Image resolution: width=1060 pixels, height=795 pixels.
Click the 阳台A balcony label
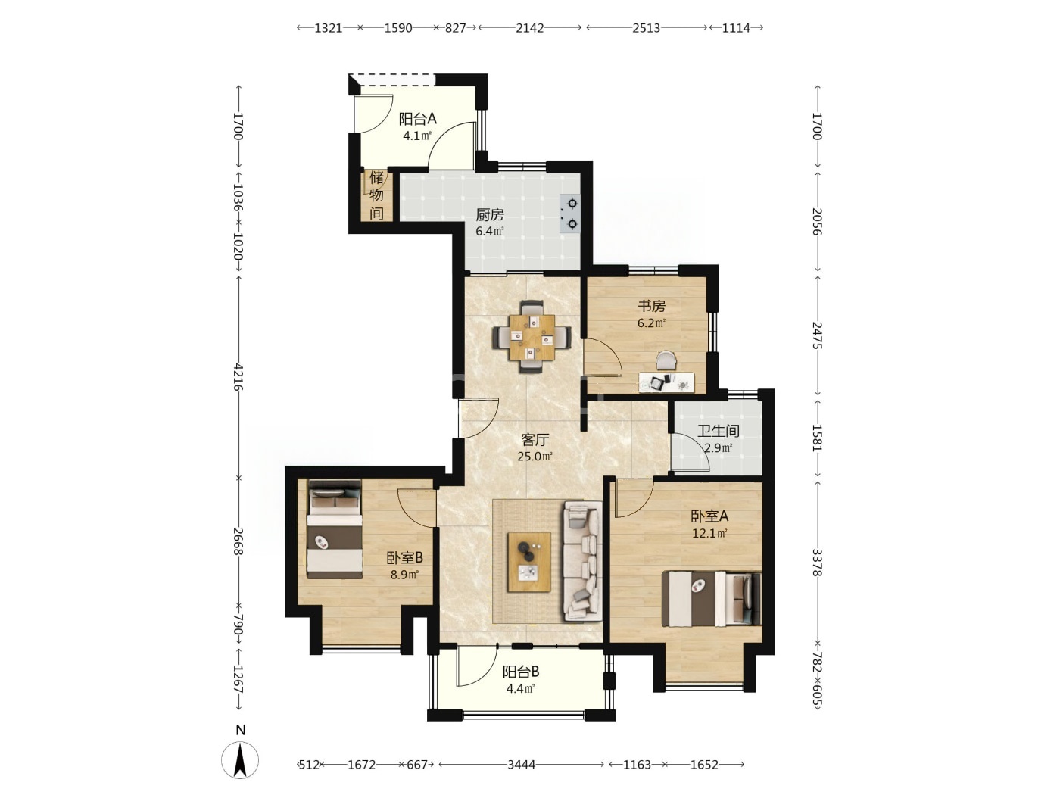[417, 119]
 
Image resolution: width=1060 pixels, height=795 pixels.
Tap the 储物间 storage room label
[376, 195]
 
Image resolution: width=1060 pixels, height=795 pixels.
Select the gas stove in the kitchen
[570, 214]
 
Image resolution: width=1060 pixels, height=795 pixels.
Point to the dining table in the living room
[532, 337]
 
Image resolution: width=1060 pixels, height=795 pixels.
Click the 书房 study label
[651, 306]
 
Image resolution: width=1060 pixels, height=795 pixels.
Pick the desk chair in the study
[666, 360]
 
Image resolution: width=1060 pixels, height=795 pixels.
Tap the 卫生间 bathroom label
[718, 431]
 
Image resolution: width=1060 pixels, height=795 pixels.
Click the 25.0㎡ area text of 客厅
[535, 456]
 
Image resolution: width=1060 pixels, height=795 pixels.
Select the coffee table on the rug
[528, 563]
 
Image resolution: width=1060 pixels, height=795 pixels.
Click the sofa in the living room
[582, 561]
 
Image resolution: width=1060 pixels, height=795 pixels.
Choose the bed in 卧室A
[711, 599]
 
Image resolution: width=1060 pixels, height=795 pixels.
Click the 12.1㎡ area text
[710, 533]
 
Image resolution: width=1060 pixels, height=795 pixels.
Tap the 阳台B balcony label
[521, 672]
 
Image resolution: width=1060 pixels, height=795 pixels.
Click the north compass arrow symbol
[240, 759]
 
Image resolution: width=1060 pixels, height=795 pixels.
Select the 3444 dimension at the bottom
[522, 765]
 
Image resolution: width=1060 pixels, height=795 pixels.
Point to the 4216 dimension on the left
[238, 378]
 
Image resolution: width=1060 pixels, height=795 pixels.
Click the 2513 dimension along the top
[646, 28]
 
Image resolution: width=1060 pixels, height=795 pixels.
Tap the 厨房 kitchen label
[490, 214]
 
